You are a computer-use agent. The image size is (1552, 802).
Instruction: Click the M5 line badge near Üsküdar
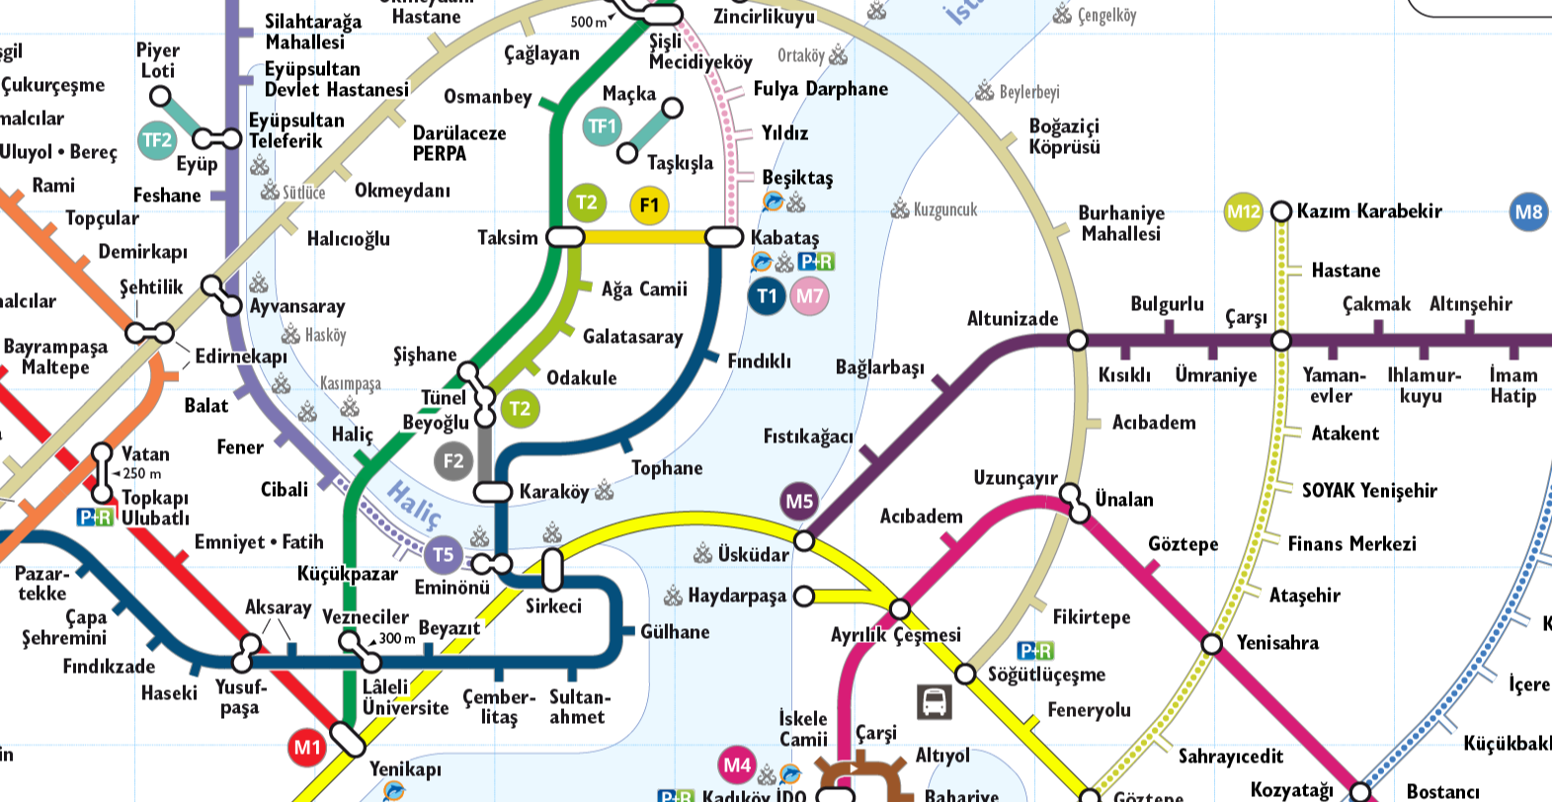[x=799, y=502]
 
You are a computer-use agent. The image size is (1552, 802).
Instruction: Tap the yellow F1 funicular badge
[x=649, y=205]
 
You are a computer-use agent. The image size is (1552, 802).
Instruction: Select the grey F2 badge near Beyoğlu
[x=453, y=460]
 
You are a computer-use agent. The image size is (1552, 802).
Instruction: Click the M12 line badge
[x=1243, y=211]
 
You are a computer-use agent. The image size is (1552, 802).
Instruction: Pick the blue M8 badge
[x=1528, y=211]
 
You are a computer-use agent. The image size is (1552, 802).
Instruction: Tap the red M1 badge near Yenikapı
[x=308, y=748]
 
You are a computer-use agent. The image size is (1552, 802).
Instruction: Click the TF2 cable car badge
[x=157, y=140]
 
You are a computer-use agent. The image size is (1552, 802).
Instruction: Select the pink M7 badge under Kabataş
[x=809, y=295]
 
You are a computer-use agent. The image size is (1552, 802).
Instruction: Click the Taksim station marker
[x=565, y=237]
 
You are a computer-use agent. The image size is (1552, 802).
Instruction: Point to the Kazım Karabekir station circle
[x=1281, y=211]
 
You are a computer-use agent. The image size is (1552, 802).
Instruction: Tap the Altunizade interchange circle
[x=1078, y=341]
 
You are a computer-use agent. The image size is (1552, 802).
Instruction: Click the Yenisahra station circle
[x=1212, y=644]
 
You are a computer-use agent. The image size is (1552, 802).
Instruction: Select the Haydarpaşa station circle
[x=804, y=596]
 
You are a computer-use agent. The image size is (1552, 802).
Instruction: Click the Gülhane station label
[x=675, y=632]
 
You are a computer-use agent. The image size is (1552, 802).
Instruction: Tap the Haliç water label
[x=413, y=505]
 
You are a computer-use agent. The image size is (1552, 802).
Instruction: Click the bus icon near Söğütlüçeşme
[x=934, y=701]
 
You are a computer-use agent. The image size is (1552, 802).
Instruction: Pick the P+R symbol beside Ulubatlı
[x=96, y=517]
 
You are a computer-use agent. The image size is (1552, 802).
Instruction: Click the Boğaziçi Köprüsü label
[x=1064, y=136]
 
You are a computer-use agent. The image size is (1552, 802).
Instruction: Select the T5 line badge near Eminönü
[x=444, y=555]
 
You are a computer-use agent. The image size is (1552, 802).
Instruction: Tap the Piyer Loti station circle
[x=160, y=96]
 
